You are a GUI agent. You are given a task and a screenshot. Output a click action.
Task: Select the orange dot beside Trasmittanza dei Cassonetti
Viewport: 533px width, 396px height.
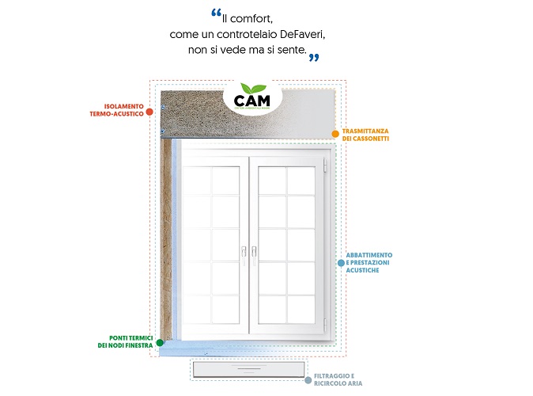click(x=335, y=134)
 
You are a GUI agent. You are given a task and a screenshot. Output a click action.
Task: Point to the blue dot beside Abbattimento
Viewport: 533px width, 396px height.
click(x=340, y=262)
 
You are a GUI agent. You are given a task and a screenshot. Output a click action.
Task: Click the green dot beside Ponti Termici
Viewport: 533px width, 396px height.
click(x=160, y=343)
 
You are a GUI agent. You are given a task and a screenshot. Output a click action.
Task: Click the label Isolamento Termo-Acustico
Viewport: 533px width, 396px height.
click(x=123, y=111)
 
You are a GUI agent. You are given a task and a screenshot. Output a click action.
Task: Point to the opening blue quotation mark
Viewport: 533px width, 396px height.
click(x=216, y=14)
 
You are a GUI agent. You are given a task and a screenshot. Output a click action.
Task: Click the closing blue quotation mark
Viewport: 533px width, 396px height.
click(x=314, y=56)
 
